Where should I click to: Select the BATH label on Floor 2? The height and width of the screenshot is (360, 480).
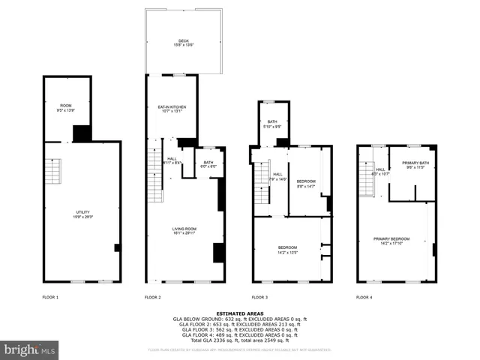coord(208,163)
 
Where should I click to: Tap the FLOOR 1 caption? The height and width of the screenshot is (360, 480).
coord(50,298)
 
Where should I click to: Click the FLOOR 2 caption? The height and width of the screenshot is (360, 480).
coord(153,298)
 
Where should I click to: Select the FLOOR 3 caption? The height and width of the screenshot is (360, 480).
coord(260,298)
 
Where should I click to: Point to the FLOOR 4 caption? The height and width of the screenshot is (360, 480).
coord(364,298)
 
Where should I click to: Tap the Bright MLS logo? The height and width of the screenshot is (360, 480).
coord(30,349)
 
